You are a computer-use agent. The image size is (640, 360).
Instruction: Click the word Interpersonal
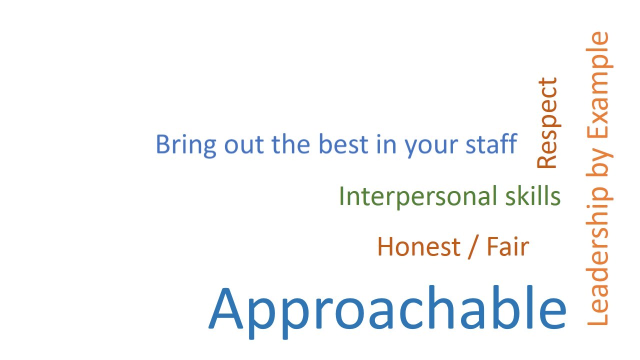pos(418,196)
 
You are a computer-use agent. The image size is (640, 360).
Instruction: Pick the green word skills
pos(533,196)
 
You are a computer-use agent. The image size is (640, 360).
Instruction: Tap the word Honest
pos(419,246)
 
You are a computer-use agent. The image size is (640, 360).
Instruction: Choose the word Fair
pos(508,246)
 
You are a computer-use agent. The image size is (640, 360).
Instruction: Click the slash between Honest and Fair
pos(473,247)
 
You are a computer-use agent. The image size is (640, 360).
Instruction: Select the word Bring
pos(186,145)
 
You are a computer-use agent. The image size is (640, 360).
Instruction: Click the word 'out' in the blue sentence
pos(243,145)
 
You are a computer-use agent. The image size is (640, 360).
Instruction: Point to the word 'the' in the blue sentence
pos(290,144)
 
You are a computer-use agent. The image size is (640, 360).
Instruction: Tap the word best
pos(343,144)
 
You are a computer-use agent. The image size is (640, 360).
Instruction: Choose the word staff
pos(491,143)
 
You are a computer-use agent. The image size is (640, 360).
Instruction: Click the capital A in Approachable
pos(226,308)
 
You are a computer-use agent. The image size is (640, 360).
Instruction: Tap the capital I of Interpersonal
pos(341,196)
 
